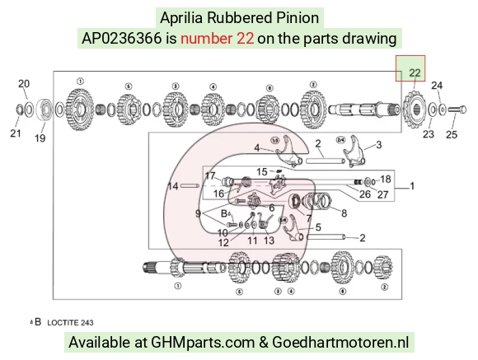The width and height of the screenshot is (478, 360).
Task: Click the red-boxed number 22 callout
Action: [x=415, y=72]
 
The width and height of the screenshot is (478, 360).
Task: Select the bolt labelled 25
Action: [x=457, y=110]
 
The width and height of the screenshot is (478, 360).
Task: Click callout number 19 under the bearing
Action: [x=40, y=138]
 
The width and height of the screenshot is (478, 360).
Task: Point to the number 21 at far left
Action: [x=16, y=133]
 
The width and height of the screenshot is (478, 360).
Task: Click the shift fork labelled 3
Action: [x=354, y=152]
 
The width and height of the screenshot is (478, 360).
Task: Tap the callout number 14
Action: [x=173, y=186]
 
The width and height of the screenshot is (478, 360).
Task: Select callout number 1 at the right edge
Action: [x=412, y=185]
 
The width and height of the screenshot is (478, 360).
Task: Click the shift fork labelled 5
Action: [x=293, y=228]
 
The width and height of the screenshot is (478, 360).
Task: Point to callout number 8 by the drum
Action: [x=344, y=213]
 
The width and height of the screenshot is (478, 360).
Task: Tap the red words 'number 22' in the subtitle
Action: [x=217, y=39]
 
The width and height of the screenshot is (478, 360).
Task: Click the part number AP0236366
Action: [x=122, y=39]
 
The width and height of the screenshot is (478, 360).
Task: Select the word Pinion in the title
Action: [x=298, y=18]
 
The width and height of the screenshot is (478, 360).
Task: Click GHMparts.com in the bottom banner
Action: [x=203, y=343]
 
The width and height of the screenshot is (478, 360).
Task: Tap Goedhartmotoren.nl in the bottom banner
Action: [x=340, y=342]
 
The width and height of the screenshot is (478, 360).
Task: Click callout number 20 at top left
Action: [x=24, y=84]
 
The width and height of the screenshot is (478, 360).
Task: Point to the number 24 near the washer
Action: [x=437, y=86]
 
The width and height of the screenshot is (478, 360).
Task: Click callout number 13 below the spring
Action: [x=269, y=241]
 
